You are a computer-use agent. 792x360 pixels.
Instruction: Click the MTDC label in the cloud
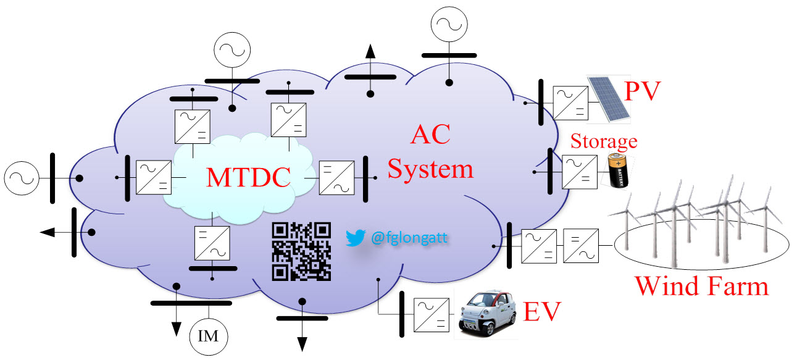pos(248,177)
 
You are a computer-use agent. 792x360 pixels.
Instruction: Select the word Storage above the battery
pos(603,141)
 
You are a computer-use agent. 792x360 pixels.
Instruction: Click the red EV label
pos(543,311)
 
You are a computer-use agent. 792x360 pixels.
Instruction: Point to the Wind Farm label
pos(702,286)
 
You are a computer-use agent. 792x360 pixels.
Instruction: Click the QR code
pos(301,251)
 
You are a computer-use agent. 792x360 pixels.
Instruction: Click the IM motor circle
pos(209,337)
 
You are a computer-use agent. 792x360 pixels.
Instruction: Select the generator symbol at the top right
pos(449,25)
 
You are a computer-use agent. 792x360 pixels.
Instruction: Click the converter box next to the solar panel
pos(571,103)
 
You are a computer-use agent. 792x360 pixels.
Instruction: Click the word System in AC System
pos(430,168)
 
